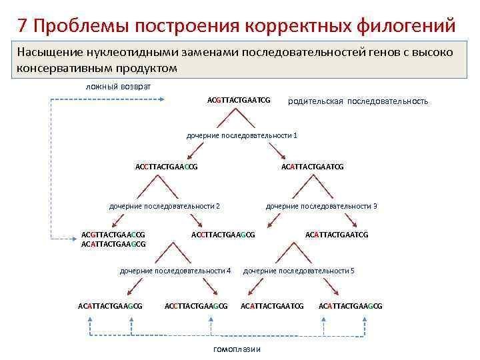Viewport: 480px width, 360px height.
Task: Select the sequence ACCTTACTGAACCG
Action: (166, 167)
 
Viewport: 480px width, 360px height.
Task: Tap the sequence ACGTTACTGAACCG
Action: (113, 235)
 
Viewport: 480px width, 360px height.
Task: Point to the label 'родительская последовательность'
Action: (357, 101)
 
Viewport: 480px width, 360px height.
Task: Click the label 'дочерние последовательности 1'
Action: (241, 135)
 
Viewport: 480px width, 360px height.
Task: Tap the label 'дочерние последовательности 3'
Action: (321, 206)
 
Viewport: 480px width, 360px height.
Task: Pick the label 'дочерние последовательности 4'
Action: (175, 271)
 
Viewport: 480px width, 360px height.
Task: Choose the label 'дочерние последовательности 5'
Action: (299, 271)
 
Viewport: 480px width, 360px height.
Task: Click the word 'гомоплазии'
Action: (237, 350)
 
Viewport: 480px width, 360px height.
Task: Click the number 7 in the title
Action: (23, 25)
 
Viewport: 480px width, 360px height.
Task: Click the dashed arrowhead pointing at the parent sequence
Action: (163, 100)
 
